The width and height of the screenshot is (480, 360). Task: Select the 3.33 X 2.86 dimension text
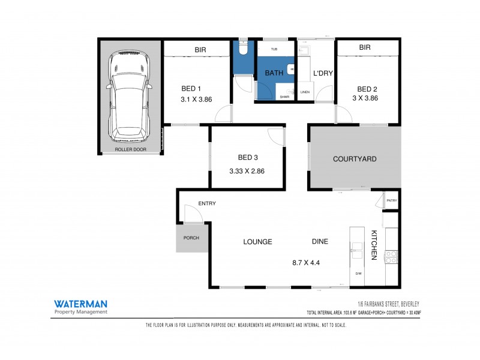point(247,170)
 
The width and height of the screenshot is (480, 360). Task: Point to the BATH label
point(274,73)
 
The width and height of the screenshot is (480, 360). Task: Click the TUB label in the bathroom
point(274,49)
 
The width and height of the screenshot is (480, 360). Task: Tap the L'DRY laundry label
point(323,73)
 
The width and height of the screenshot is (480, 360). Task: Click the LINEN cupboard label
point(305,92)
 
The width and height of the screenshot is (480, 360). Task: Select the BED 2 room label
point(367,89)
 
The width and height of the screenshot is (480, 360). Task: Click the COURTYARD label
point(355,159)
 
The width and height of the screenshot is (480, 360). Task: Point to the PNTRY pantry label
point(391,200)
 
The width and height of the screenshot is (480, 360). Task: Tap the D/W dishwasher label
point(358,274)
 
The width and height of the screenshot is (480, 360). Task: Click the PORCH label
point(191,238)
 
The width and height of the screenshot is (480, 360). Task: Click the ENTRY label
point(207,203)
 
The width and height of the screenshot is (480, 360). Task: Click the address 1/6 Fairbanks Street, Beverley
point(384,304)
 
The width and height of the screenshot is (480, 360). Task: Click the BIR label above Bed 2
point(364,47)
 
